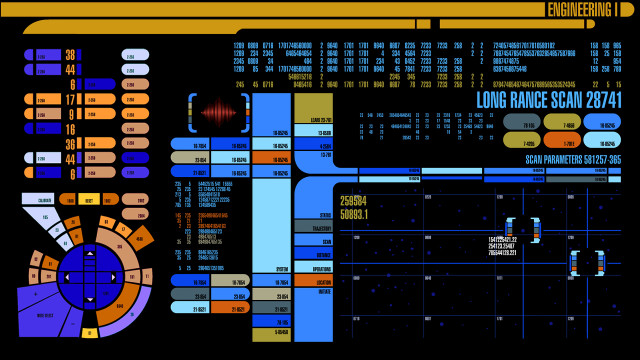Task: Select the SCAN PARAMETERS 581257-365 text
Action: (x=572, y=159)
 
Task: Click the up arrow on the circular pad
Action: (x=89, y=254)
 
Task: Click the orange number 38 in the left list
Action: (x=70, y=55)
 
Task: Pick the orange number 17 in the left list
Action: (x=70, y=100)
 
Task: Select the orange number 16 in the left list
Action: (x=70, y=129)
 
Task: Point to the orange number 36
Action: (x=70, y=144)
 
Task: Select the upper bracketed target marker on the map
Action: (x=523, y=229)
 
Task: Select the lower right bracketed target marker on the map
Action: (x=587, y=262)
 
